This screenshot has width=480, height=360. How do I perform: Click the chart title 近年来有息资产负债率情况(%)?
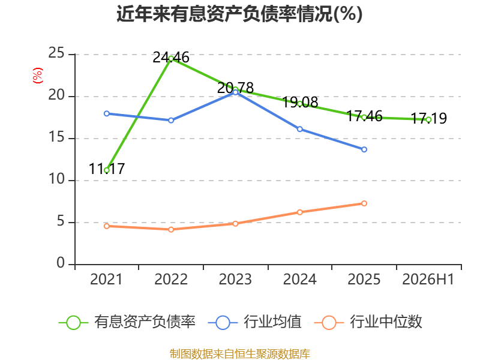pyautogui.click(x=239, y=14)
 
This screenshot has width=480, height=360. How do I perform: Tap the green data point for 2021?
pyautogui.click(x=107, y=170)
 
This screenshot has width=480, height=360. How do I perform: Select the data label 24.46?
pyautogui.click(x=171, y=57)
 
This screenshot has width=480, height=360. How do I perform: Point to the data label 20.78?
pyautogui.click(x=235, y=88)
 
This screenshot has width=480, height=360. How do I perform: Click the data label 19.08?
pyautogui.click(x=299, y=102)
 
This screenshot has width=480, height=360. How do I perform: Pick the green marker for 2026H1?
pyautogui.click(x=428, y=119)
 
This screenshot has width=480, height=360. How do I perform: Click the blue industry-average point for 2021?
pyautogui.click(x=107, y=113)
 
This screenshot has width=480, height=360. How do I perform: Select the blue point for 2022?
pyautogui.click(x=171, y=121)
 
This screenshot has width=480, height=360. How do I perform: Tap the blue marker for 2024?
pyautogui.click(x=299, y=129)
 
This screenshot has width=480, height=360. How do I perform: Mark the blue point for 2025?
pyautogui.click(x=364, y=149)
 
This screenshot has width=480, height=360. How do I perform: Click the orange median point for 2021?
pyautogui.click(x=107, y=226)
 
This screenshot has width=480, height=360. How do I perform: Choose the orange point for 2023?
pyautogui.click(x=235, y=224)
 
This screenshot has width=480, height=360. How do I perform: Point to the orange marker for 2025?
pyautogui.click(x=364, y=203)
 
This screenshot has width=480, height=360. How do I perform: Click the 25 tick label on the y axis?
pyautogui.click(x=56, y=53)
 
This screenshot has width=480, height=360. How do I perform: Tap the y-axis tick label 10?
pyautogui.click(x=56, y=179)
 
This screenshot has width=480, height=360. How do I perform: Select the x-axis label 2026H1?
pyautogui.click(x=428, y=279)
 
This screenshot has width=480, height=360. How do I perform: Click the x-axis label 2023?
pyautogui.click(x=235, y=279)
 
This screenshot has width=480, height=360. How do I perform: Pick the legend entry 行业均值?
pyautogui.click(x=254, y=322)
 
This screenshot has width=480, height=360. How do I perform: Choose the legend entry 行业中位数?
pyautogui.click(x=368, y=322)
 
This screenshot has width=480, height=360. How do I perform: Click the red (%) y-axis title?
pyautogui.click(x=38, y=76)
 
